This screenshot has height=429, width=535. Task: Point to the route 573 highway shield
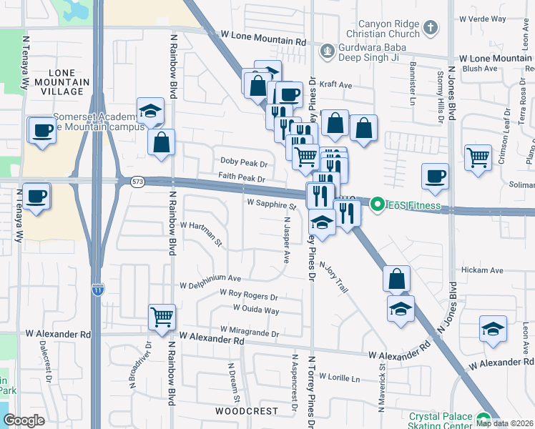point(136,182)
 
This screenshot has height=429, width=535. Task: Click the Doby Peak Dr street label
point(244,163)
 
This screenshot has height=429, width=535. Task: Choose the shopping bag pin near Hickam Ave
point(396,278)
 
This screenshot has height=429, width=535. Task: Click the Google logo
point(24,420)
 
